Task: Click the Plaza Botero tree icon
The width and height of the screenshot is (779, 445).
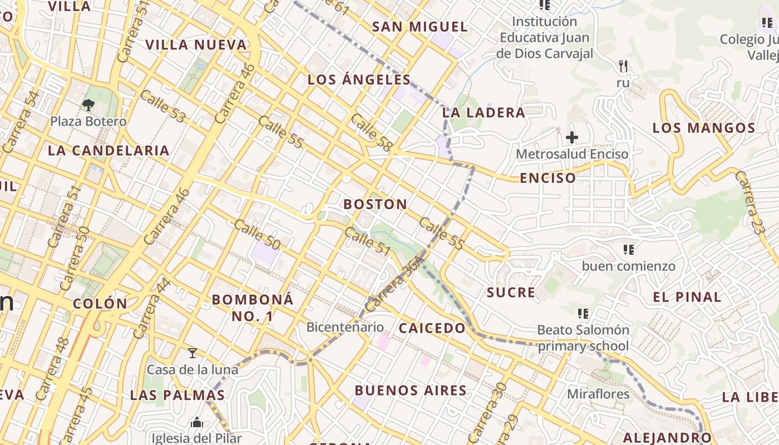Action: coord(88,105)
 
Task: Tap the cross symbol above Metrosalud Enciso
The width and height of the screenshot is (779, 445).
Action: coord(572,137)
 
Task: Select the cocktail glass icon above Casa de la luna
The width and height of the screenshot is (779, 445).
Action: coord(193,353)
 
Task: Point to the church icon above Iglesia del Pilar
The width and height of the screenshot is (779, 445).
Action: coord(197,423)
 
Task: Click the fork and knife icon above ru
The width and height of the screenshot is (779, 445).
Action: coord(623,66)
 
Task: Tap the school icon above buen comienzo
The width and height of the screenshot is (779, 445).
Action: coord(629,250)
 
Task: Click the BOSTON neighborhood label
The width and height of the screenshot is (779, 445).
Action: coord(375,204)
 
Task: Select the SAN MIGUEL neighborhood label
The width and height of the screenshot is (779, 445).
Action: coord(420,27)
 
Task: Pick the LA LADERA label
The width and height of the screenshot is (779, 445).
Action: coord(484,112)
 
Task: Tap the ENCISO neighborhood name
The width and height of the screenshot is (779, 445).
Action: coord(548,178)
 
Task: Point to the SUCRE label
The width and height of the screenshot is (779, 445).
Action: coord(511,293)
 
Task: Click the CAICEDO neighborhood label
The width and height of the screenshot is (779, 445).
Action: coord(432,328)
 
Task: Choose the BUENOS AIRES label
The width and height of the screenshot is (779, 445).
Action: coord(411,390)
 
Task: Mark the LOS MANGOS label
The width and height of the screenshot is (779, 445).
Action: coord(703,128)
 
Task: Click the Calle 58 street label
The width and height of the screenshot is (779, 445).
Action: coord(372,132)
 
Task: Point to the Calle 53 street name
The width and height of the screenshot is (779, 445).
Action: coord(162,107)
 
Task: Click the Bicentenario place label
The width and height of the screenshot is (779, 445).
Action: coord(345,327)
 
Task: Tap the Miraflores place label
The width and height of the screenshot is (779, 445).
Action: coord(598,394)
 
